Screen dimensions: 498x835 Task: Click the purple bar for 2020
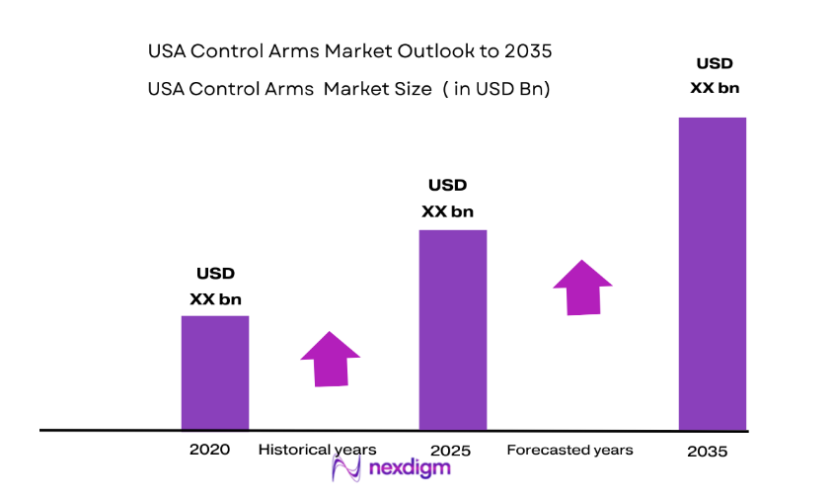[x=214, y=373]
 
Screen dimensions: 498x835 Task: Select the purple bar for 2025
[x=453, y=330]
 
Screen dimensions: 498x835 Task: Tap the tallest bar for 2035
[x=712, y=274]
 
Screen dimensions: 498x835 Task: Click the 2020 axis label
[x=209, y=450]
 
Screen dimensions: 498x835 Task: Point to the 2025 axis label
[x=451, y=451]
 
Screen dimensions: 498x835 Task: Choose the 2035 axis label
[x=707, y=452]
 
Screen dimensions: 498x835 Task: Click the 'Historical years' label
[x=317, y=450]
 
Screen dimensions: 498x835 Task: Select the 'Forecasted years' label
[x=569, y=450]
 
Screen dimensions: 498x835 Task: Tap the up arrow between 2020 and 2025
[x=330, y=358]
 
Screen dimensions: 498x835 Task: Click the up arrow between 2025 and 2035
[x=582, y=288]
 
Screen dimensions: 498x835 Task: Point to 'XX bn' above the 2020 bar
[x=215, y=299]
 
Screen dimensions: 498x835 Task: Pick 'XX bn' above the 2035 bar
[x=715, y=88]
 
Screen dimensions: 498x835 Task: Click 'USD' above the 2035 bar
[x=715, y=64]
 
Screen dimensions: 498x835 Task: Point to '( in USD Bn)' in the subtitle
[x=496, y=89]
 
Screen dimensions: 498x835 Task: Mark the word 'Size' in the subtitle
[x=413, y=89]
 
